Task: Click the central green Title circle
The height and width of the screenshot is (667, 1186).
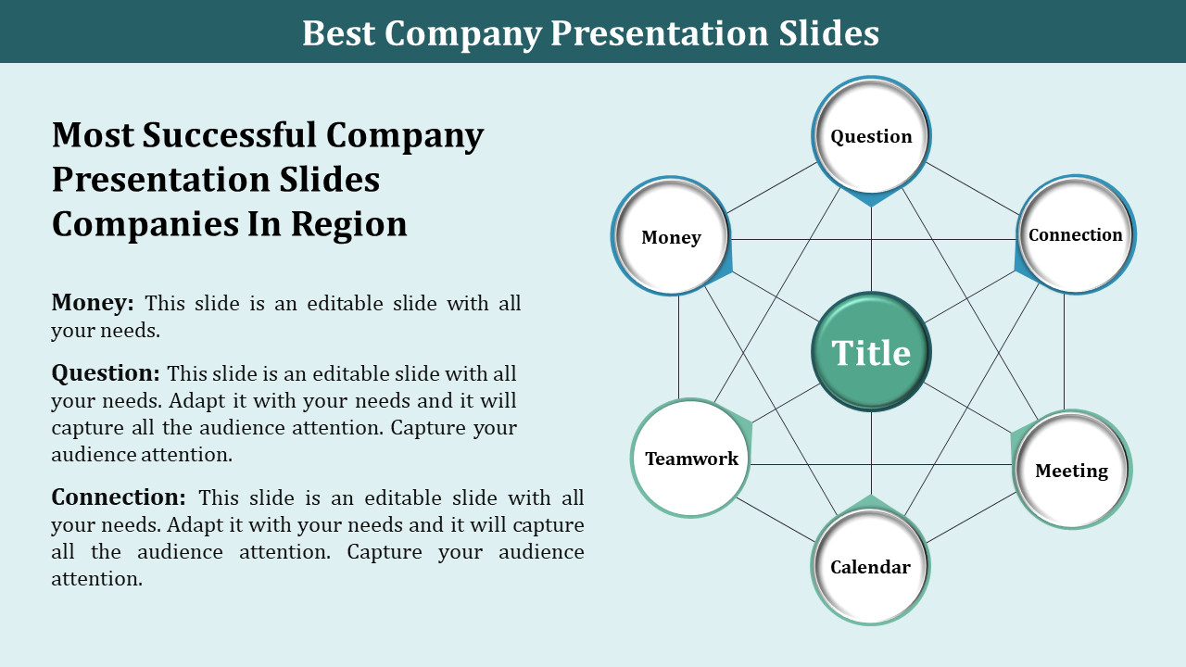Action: tap(871, 353)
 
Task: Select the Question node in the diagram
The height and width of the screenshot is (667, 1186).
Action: tap(871, 136)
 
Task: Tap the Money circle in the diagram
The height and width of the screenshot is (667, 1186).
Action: tap(671, 237)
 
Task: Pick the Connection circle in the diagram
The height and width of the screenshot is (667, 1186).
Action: tap(1075, 235)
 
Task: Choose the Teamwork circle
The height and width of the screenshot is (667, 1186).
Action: tap(691, 459)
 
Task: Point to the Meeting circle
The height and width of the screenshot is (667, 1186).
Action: tap(1071, 471)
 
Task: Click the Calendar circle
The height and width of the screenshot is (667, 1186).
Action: tap(870, 567)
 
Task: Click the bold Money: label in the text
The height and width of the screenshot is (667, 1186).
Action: tap(93, 303)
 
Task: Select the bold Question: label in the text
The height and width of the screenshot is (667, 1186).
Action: tap(106, 373)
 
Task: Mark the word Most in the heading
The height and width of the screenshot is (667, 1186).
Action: tap(93, 135)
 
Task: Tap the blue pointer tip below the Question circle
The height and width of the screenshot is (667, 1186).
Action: tap(871, 199)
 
